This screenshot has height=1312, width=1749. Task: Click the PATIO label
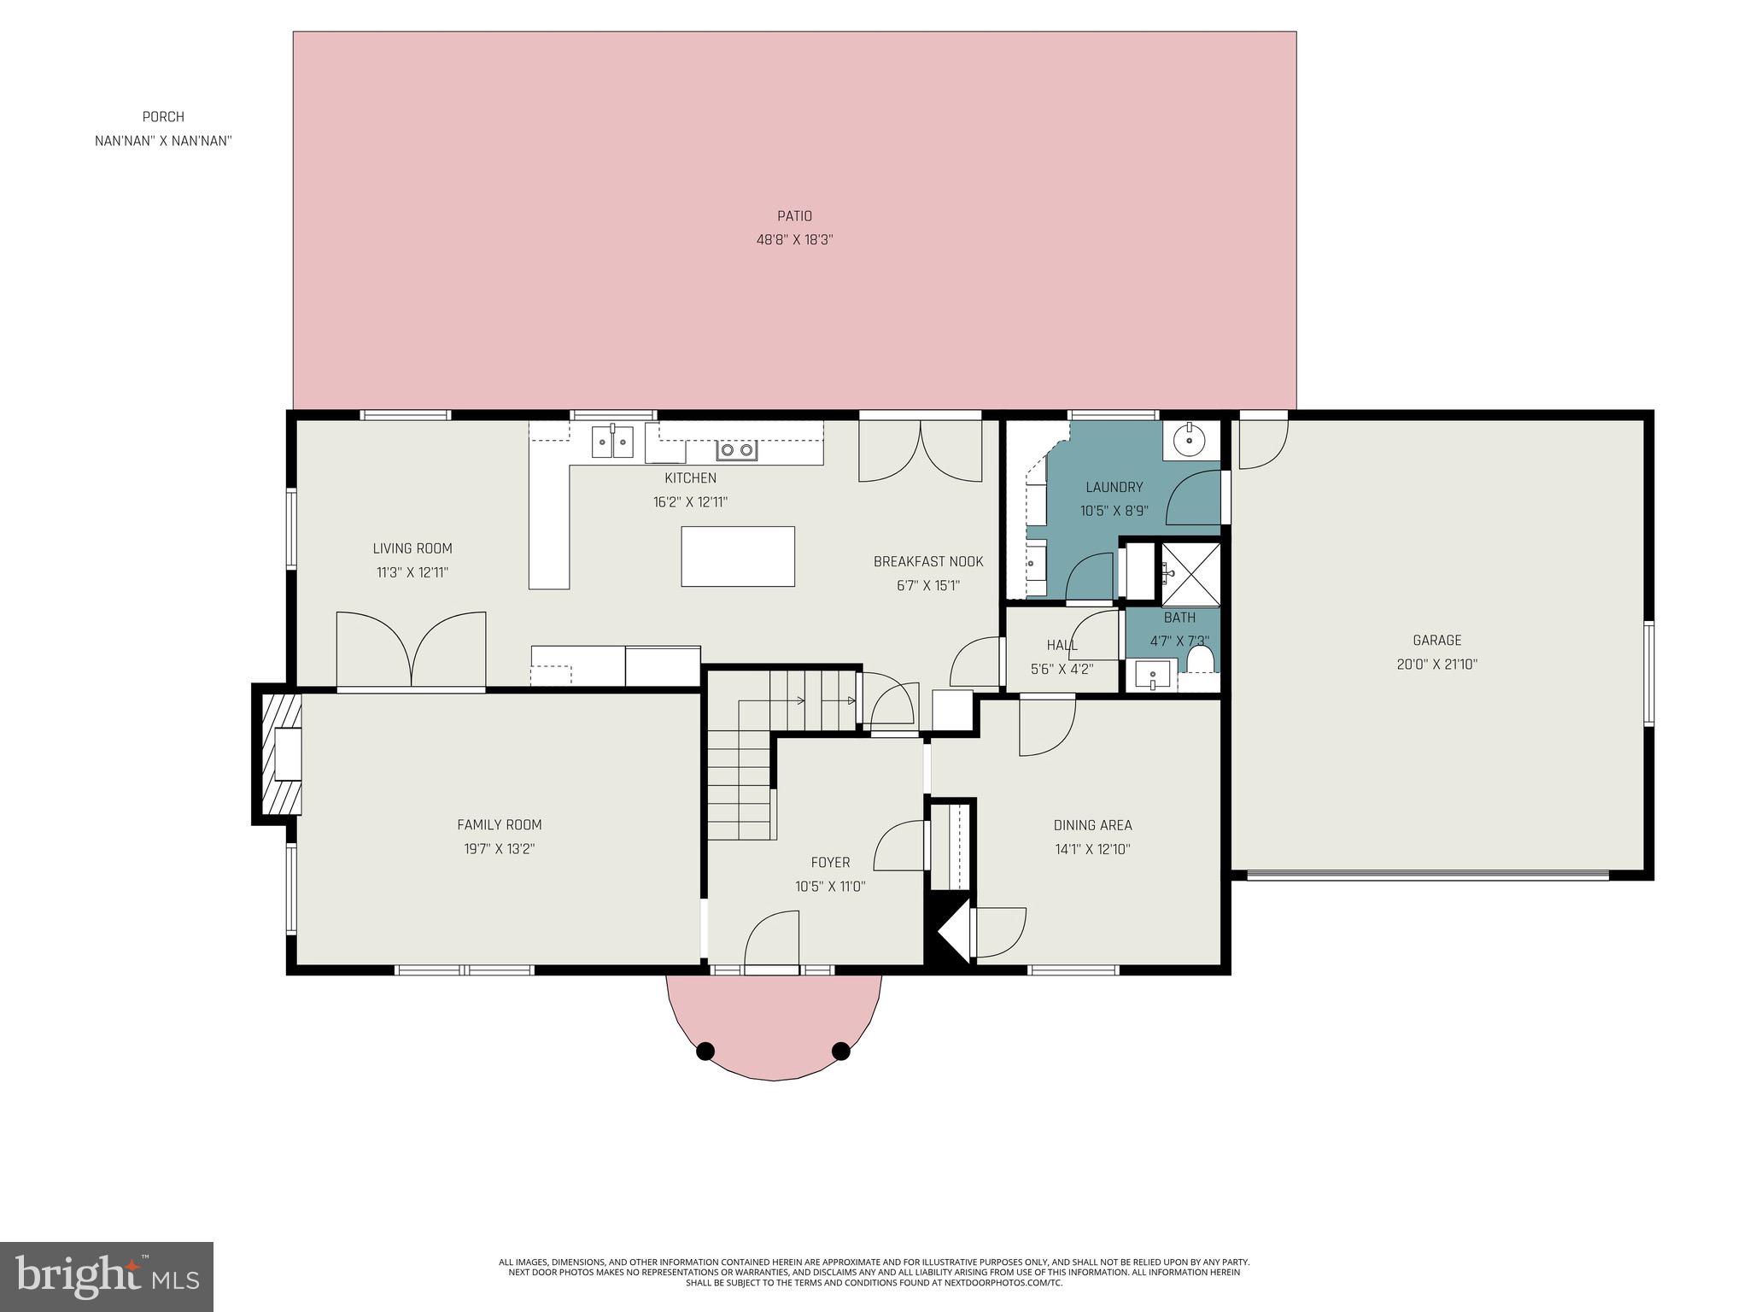793,216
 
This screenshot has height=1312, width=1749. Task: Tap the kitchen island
737,556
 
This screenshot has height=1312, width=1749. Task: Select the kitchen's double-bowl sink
612,442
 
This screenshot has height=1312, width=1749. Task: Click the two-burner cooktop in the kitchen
737,449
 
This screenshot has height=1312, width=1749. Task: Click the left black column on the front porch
705,1051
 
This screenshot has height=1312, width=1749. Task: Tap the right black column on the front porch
841,1051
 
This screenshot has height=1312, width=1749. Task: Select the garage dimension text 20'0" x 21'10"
1436,664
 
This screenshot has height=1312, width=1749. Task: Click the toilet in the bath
1200,659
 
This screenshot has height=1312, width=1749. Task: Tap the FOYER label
830,863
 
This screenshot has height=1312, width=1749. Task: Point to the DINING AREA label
1092,825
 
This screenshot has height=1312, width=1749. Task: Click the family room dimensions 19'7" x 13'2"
500,848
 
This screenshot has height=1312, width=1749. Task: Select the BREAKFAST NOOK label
927,561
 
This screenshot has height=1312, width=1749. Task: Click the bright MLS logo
107,1277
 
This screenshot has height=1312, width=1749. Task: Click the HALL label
1062,645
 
